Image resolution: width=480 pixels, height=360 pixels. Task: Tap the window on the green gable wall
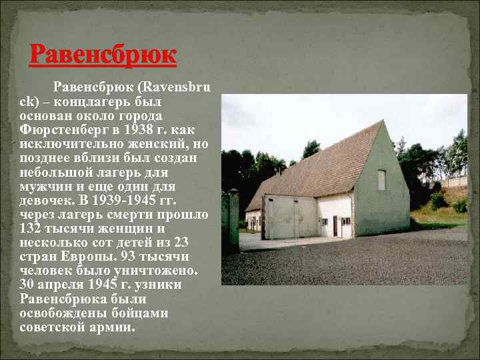[x=381, y=179]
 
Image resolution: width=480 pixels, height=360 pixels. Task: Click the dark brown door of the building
[x=335, y=225]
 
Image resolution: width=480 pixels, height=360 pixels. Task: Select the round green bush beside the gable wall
[x=437, y=201]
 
